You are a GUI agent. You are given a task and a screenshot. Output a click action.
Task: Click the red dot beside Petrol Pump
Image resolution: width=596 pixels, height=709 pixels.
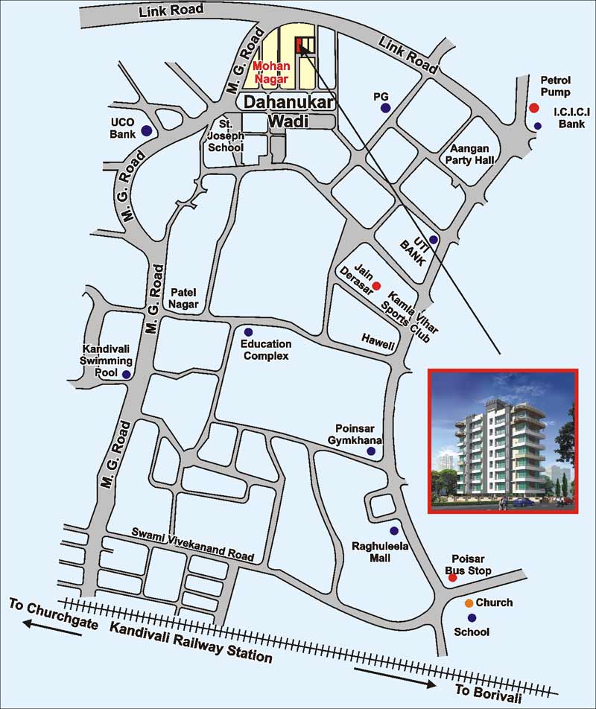[x=533, y=108]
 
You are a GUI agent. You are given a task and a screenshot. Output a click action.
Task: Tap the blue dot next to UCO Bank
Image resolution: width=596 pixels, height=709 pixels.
[x=147, y=131]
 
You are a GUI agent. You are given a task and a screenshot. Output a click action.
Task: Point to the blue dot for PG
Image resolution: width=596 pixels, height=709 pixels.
[x=385, y=109]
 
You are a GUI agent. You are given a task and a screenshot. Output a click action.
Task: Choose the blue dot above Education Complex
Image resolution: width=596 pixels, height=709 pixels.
[x=248, y=331]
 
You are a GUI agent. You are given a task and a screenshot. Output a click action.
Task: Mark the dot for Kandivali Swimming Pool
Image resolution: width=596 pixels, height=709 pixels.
[x=127, y=375]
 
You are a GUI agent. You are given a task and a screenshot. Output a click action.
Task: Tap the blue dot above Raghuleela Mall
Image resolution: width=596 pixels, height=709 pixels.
[x=394, y=530]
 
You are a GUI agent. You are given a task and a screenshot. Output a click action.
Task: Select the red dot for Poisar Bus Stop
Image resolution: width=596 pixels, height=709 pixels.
[x=452, y=578]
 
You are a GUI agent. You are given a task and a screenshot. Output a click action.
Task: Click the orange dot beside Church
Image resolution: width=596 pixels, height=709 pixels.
[x=469, y=603]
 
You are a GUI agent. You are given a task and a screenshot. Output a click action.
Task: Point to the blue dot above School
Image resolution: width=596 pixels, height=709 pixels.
[x=472, y=617]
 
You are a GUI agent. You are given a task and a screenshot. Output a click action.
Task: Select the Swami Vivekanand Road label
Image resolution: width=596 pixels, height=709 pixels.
[x=193, y=544]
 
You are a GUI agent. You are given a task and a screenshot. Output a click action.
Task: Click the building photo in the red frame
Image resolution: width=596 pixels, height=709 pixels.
[x=502, y=442]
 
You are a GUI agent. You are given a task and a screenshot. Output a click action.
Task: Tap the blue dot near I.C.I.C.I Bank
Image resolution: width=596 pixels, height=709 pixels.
[x=538, y=126]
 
